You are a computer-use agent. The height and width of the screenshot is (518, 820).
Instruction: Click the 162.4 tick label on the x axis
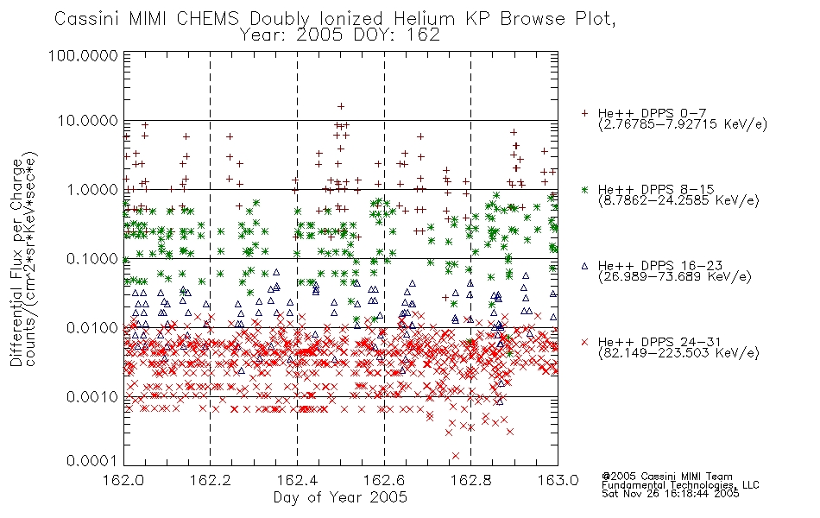tap(298, 480)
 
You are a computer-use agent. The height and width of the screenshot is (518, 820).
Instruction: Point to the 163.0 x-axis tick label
tap(558, 480)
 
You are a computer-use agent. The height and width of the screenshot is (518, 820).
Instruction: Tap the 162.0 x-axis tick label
tap(124, 480)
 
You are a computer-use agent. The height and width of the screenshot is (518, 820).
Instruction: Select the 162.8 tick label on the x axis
tap(471, 480)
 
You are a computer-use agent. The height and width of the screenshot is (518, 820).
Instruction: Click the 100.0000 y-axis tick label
tap(83, 55)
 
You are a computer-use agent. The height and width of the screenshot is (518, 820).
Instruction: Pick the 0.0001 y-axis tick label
tap(92, 460)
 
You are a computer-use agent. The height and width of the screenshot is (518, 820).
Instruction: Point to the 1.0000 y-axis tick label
tap(92, 189)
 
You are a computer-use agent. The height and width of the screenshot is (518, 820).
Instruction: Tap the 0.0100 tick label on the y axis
tap(92, 328)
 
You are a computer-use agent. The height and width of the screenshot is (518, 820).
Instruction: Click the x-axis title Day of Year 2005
tap(340, 497)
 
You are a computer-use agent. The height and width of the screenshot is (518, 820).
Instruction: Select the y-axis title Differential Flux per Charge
tap(17, 262)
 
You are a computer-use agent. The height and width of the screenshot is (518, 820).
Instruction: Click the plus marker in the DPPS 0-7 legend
tap(584, 113)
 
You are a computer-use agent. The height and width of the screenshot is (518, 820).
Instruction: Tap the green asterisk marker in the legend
tap(584, 189)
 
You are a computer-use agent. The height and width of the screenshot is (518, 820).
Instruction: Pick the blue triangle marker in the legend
tap(584, 266)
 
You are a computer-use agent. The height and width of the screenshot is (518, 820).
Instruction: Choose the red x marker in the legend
tap(584, 342)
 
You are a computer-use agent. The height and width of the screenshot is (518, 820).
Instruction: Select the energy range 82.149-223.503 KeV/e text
tap(678, 353)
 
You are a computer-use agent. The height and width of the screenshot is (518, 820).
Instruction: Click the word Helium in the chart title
tap(424, 19)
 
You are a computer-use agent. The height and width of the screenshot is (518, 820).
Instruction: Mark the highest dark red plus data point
tap(341, 106)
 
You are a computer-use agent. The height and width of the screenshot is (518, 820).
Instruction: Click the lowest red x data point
tap(456, 456)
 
